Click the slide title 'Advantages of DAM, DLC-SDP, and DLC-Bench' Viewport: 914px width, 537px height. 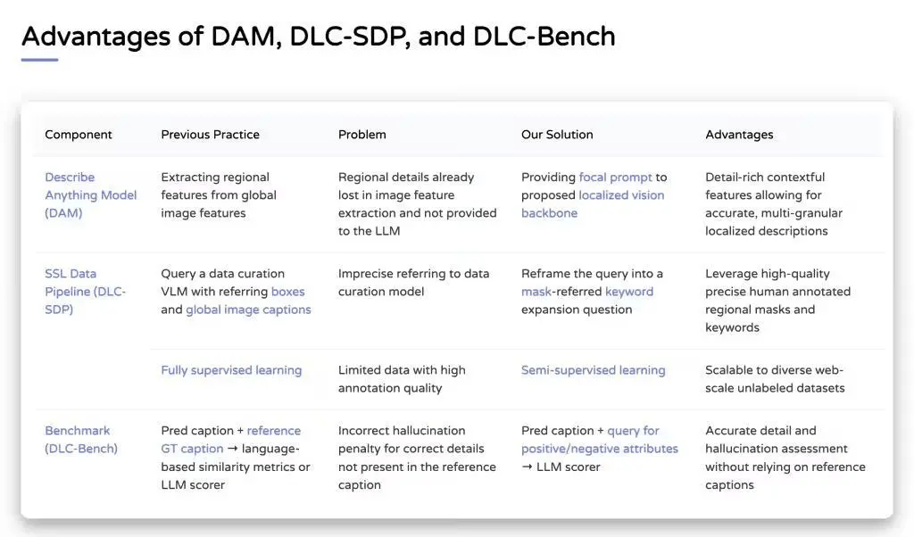point(319,37)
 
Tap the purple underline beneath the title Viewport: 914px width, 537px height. point(39,60)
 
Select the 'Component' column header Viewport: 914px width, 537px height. point(79,135)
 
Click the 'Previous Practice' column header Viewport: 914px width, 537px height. point(210,135)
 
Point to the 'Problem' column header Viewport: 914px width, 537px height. point(362,135)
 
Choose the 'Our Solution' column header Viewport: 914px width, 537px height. point(557,135)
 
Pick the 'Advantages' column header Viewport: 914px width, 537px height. point(739,135)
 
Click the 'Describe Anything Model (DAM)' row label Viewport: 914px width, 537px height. point(91,195)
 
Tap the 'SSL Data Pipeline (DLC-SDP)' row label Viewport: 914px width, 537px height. point(86,291)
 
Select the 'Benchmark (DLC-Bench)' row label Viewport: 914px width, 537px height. point(81,440)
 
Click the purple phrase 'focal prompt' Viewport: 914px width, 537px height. point(615,177)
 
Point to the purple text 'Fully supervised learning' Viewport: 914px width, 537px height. point(231,370)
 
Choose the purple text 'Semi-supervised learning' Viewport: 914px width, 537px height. point(593,370)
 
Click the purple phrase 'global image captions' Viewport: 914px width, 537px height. point(248,310)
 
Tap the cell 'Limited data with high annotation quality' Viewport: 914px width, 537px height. point(402,379)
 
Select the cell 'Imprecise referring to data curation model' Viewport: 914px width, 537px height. point(413,283)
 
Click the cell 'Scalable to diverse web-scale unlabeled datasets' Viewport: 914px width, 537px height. point(775,379)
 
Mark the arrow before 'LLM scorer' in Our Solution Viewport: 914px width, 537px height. point(527,467)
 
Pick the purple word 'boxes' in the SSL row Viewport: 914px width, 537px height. point(288,292)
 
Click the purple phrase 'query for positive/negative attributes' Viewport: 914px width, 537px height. point(600,440)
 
